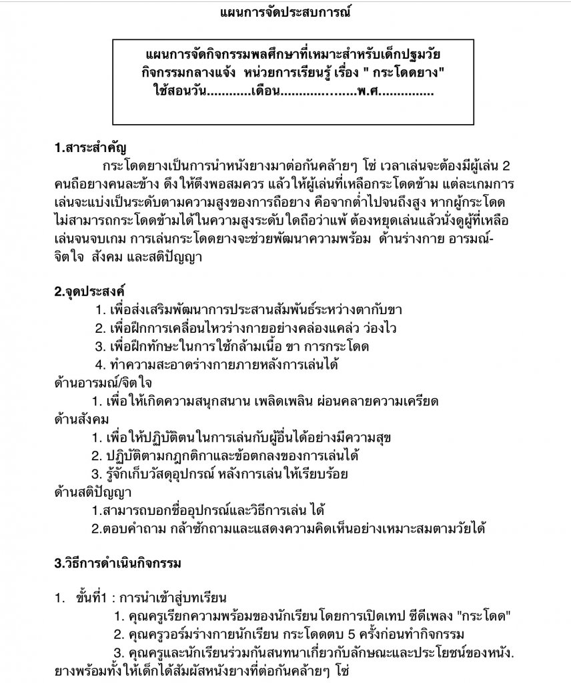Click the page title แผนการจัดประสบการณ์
[285, 13]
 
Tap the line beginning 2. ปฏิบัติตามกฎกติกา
[225, 456]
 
